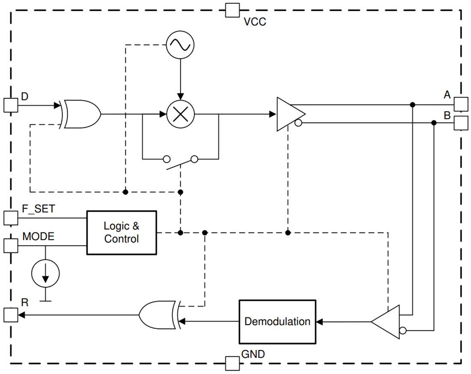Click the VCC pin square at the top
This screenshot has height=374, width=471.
[233, 10]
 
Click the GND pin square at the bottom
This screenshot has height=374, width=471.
[233, 363]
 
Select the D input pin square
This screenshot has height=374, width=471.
[11, 105]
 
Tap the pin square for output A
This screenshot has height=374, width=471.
[461, 104]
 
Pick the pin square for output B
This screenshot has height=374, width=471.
[461, 123]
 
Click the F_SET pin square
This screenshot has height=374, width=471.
[11, 218]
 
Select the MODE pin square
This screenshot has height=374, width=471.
[11, 246]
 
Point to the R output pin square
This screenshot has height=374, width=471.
[11, 315]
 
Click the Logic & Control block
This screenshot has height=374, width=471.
[122, 232]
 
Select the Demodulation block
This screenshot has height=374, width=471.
[277, 322]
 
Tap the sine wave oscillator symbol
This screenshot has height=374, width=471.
[180, 45]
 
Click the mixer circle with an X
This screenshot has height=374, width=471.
[180, 115]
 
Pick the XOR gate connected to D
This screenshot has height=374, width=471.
[81, 115]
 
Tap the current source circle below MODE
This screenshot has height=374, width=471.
[45, 273]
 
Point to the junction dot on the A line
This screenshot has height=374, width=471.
[412, 105]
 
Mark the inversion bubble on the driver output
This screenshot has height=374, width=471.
[298, 124]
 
